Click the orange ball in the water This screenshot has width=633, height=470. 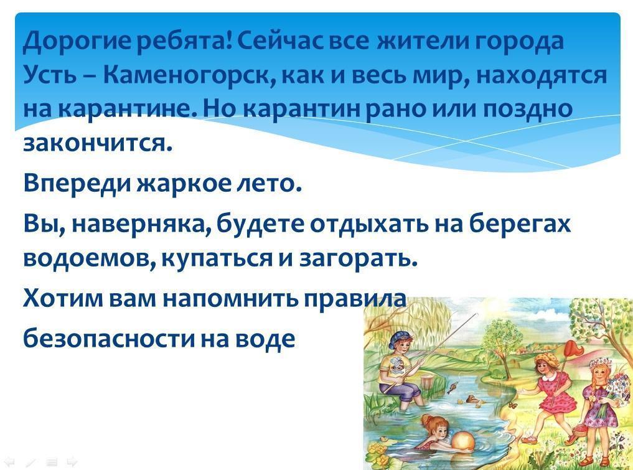click(463, 441)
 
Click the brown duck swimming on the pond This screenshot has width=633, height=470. click(471, 399)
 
